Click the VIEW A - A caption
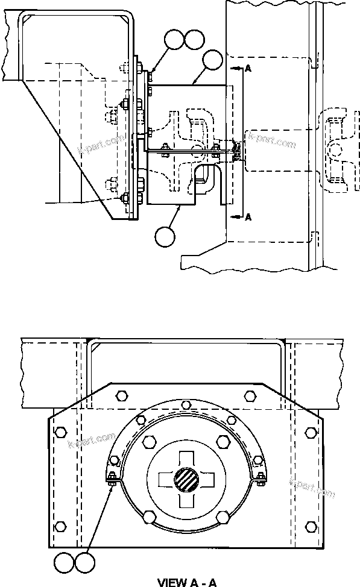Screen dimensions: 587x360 tap(186, 582)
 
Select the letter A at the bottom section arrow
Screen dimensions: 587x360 tap(248, 218)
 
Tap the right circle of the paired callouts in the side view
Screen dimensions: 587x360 tap(194, 40)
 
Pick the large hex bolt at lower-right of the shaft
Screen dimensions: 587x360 tap(222, 516)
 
